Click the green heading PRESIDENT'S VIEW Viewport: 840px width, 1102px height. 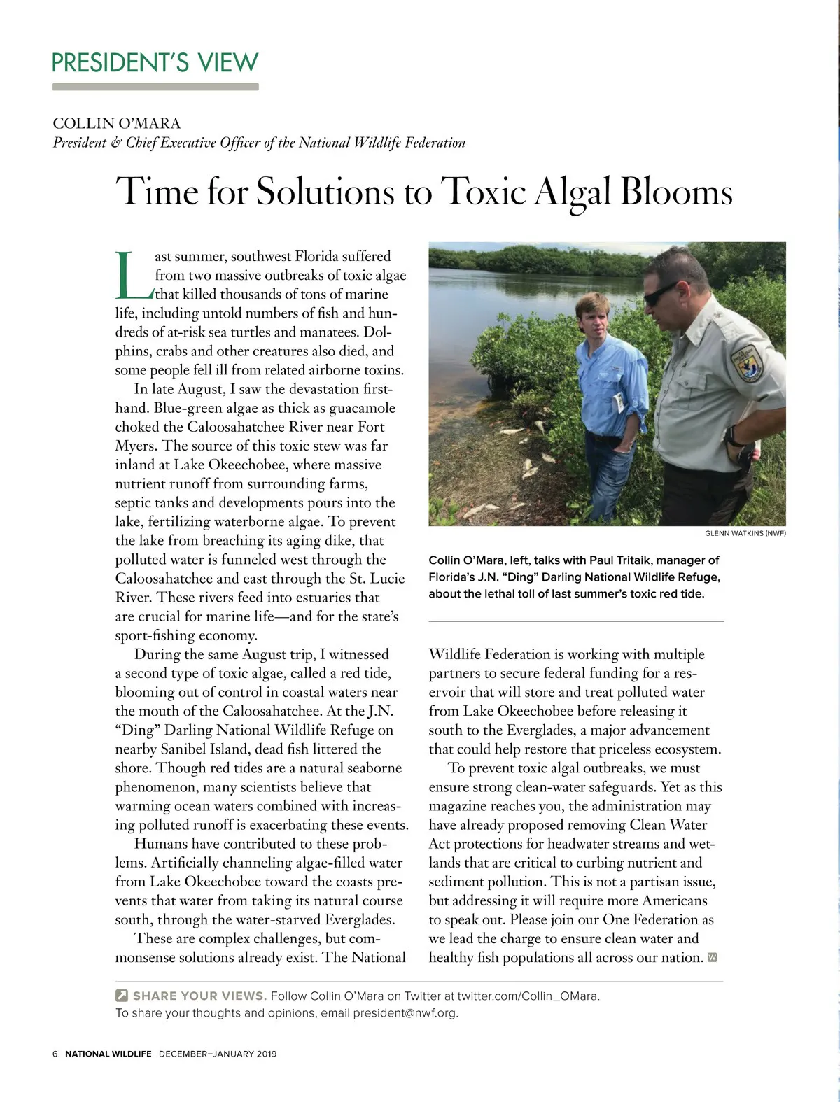tap(155, 63)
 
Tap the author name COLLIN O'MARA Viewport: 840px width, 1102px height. tap(117, 124)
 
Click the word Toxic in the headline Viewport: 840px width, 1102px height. tap(483, 191)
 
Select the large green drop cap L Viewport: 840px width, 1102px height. tap(133, 274)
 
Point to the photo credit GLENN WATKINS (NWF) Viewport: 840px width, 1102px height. tap(745, 533)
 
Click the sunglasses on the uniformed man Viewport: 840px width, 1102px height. tap(661, 292)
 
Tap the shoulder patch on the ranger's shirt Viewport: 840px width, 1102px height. tap(747, 362)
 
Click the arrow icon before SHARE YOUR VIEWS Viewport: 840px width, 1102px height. tap(122, 996)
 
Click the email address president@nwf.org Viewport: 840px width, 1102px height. tap(405, 1013)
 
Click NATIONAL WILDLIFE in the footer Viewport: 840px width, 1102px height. tap(108, 1054)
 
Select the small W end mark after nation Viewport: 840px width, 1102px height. tap(713, 957)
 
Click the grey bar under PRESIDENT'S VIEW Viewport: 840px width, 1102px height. tap(155, 87)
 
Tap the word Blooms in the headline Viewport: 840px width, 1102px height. tap(676, 191)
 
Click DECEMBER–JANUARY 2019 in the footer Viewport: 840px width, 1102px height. tap(218, 1054)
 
